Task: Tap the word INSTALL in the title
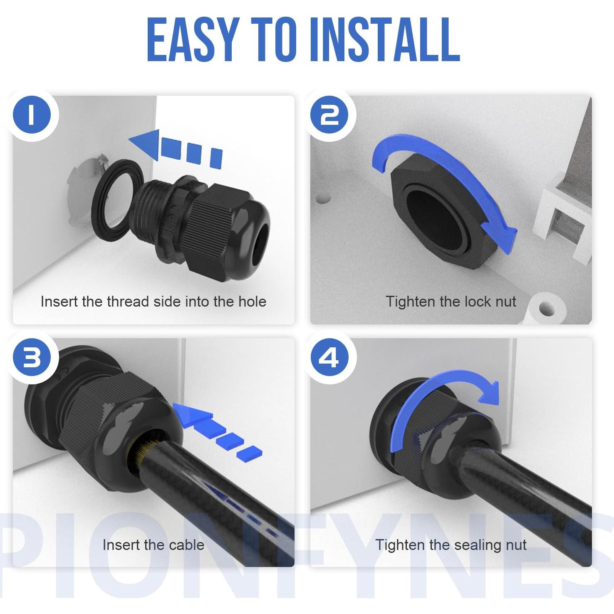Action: [x=384, y=41]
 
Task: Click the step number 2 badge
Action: [x=330, y=114]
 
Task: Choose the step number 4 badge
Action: [x=330, y=358]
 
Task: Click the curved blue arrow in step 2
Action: [x=449, y=175]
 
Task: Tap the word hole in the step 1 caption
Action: [x=252, y=302]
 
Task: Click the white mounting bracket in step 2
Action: [x=562, y=216]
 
